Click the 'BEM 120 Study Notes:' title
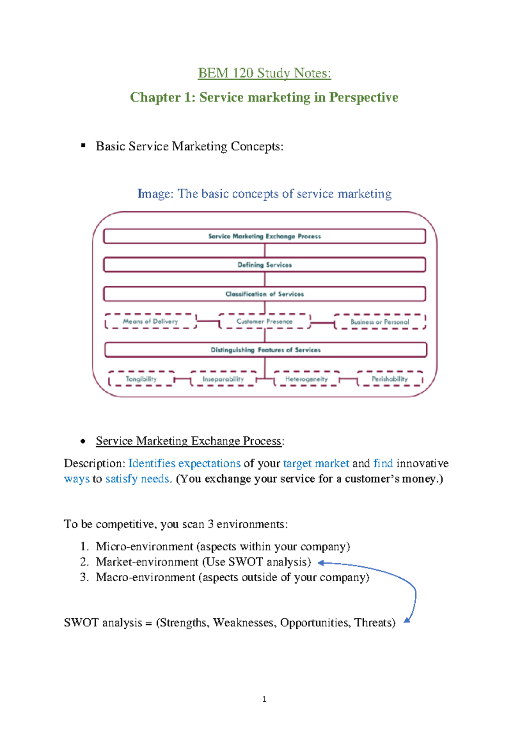[x=264, y=73]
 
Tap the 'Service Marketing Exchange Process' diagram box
[x=264, y=236]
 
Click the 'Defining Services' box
[x=264, y=265]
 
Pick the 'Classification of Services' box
[x=264, y=294]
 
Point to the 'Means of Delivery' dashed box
[x=150, y=322]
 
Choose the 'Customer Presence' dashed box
[x=264, y=322]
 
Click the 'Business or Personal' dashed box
[x=380, y=322]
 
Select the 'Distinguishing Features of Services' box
[x=265, y=350]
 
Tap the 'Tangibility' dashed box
[x=141, y=379]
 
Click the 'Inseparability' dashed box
[x=223, y=379]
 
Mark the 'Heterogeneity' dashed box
[x=306, y=379]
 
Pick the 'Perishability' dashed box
[x=390, y=379]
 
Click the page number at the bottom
[x=264, y=699]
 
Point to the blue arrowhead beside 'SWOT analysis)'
[x=321, y=563]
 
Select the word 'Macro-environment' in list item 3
[x=145, y=577]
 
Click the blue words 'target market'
[x=316, y=464]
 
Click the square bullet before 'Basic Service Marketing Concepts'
[x=83, y=146]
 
